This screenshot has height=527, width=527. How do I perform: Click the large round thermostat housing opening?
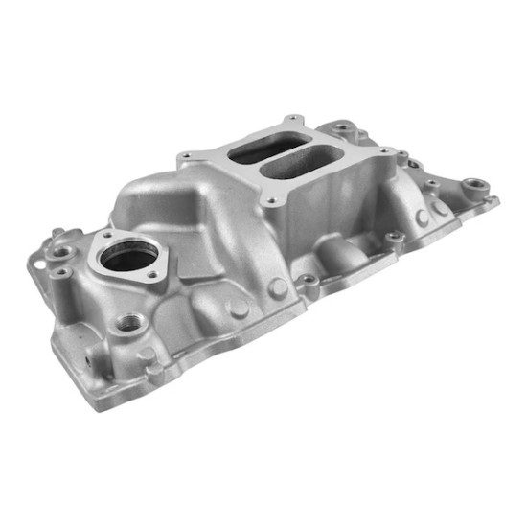tap(128, 256)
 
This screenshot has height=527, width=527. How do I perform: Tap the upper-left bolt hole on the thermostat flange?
tap(107, 235)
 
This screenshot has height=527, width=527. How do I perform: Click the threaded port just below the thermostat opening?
tap(125, 320)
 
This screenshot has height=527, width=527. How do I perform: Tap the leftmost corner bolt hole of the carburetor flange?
tap(186, 157)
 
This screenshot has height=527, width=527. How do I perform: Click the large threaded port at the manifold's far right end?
tap(473, 185)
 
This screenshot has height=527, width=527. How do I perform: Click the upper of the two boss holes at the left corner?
tap(62, 253)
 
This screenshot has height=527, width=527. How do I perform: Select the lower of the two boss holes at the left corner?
tap(60, 272)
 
